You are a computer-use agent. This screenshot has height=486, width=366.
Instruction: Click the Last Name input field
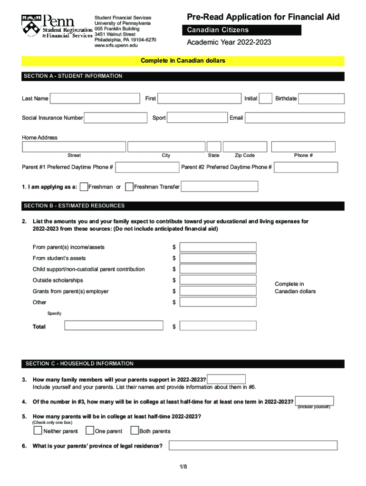[95, 99]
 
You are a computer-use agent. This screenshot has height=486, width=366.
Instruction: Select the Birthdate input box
[321, 99]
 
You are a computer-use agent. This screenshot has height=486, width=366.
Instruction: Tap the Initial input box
[266, 99]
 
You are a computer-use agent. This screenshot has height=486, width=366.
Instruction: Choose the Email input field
[295, 118]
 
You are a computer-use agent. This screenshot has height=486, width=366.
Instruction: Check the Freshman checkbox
[84, 187]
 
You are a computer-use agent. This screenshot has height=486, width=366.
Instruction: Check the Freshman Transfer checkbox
[129, 187]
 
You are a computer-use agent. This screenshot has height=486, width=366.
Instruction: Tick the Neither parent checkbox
[38, 431]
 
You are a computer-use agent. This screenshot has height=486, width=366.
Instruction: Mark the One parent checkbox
[89, 431]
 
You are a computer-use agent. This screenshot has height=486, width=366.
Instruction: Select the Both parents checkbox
[134, 431]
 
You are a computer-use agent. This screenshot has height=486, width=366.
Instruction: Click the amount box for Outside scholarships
[218, 280]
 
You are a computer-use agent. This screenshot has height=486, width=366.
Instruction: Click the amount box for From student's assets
[218, 258]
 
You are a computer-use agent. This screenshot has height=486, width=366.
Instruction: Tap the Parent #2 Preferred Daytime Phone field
[306, 167]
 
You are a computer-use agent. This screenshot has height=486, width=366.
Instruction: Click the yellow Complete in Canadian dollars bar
[183, 61]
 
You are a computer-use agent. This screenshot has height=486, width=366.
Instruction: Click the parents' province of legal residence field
[253, 446]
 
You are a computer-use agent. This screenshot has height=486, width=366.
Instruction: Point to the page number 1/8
[183, 467]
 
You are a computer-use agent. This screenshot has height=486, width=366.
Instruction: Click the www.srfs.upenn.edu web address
[116, 46]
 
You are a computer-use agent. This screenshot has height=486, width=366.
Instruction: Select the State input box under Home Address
[214, 147]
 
